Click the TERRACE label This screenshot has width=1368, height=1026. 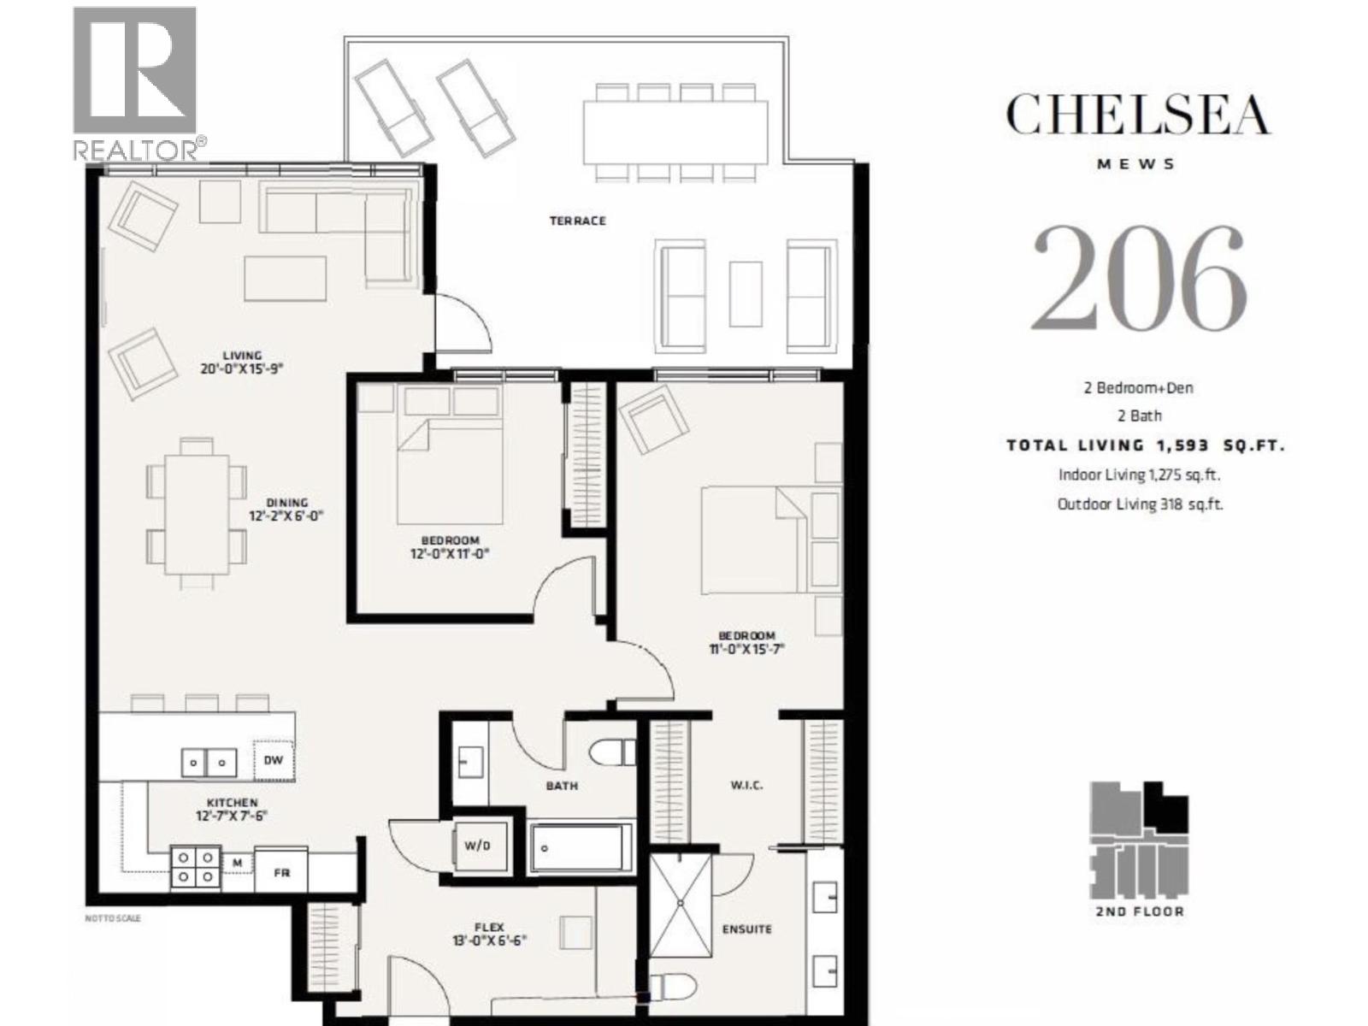point(577,221)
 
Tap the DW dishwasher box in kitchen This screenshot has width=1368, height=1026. point(273,760)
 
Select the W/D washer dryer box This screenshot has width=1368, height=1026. point(477,846)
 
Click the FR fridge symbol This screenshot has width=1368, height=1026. point(281,872)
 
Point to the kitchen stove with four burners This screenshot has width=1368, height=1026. point(196,866)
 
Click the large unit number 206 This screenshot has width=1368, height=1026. point(1138,279)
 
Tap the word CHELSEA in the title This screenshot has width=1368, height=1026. point(1137,115)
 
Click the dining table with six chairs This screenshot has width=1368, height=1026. point(197,514)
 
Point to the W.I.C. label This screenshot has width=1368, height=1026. point(746,785)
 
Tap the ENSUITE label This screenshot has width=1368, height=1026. point(746,929)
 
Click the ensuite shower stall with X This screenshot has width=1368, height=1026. point(680,904)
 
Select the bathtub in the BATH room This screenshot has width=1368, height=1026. point(581,847)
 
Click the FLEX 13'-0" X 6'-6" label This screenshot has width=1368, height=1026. point(489,933)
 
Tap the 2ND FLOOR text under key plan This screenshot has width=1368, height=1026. point(1140,911)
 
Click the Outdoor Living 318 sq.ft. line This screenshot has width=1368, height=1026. point(1140,504)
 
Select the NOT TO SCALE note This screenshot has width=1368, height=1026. point(113,918)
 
